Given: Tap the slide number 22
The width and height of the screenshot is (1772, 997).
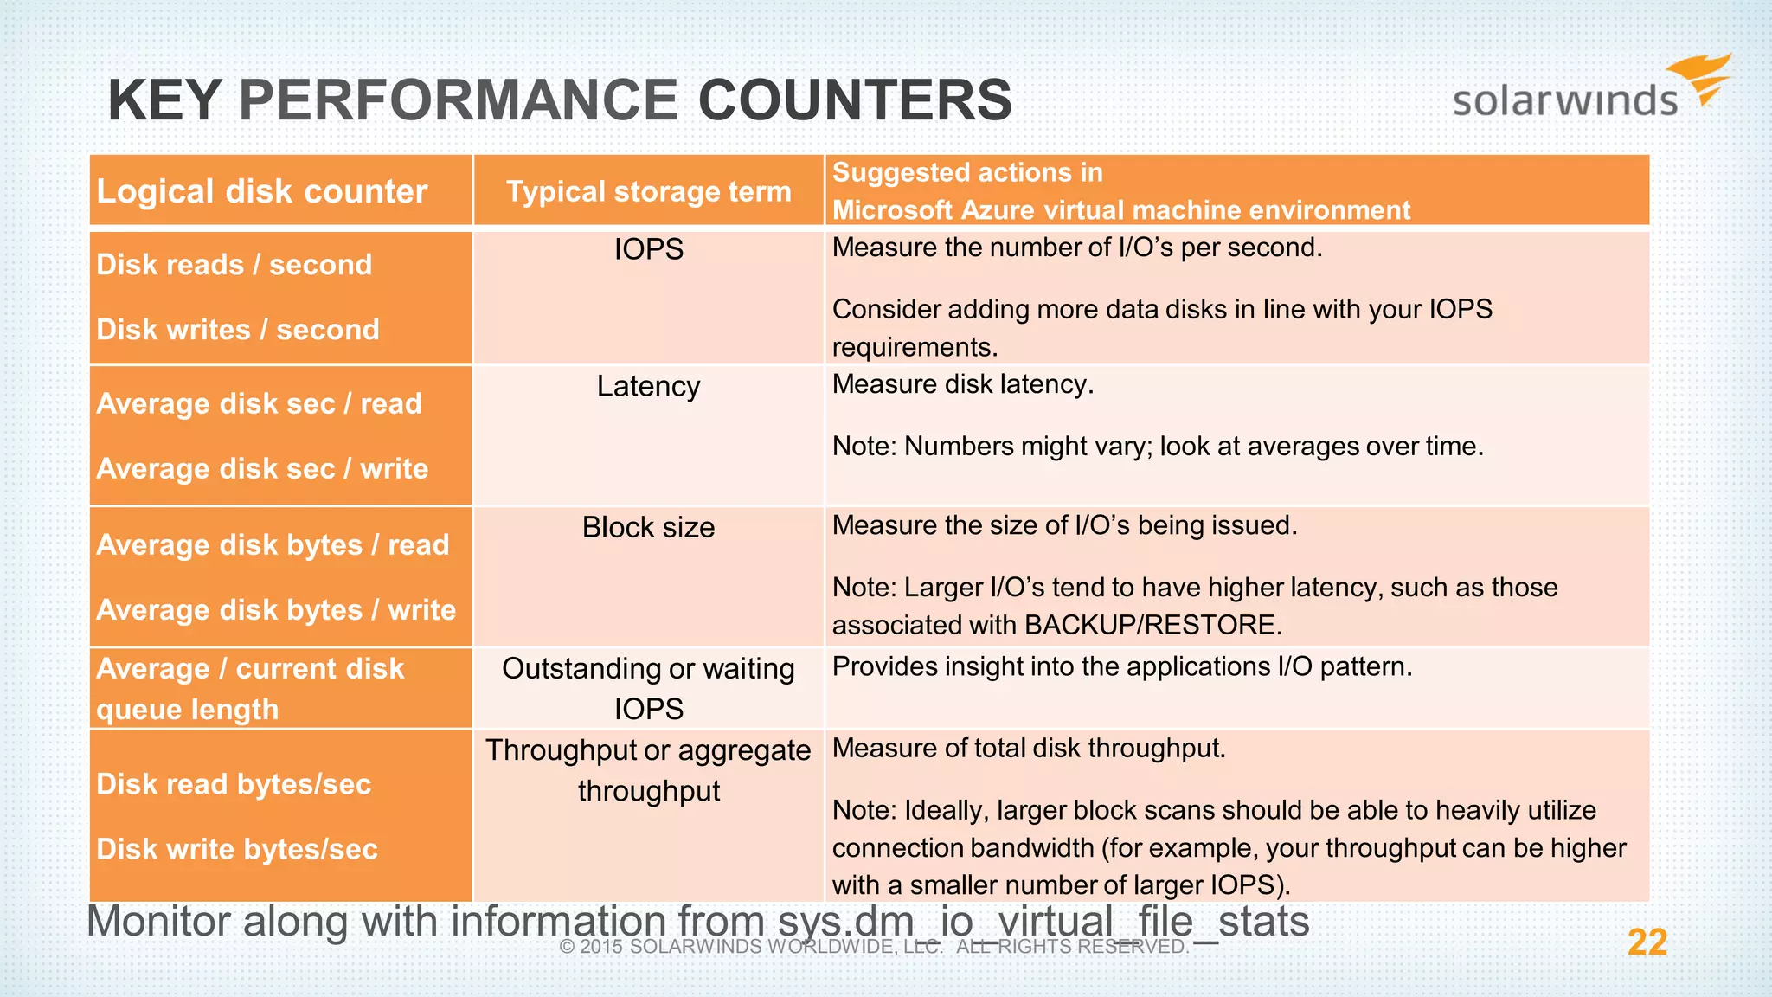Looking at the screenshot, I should (1647, 942).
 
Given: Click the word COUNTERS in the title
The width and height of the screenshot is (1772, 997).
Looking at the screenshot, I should (855, 100).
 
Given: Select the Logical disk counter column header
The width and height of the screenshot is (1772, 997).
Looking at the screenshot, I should (262, 191).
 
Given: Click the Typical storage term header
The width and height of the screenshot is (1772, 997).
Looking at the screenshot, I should (648, 191).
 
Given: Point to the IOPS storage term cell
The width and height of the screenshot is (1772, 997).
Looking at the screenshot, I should (648, 250).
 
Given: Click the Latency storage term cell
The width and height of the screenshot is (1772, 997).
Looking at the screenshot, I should (648, 386).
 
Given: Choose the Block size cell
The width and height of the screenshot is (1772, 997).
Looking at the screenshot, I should (648, 527).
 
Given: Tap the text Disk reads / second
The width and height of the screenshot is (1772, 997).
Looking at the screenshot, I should (234, 265).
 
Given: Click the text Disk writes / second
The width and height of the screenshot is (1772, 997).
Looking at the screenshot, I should (237, 330).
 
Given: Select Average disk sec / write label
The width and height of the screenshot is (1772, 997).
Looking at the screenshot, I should (262, 469).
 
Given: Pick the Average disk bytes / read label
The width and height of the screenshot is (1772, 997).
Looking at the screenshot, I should (273, 545).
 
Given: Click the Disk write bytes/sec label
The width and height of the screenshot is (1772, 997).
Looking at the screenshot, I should (236, 849).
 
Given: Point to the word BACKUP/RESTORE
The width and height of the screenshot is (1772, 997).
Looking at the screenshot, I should (1152, 625).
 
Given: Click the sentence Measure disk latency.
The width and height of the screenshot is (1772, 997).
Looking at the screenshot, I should (962, 384).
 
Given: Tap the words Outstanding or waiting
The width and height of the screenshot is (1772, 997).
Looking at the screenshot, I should (648, 669).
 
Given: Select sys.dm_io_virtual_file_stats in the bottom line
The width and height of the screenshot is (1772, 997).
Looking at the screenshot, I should (1043, 921).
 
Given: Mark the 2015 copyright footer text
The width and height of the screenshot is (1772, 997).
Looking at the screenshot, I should (874, 947).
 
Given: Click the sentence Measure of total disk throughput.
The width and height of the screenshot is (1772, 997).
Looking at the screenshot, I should (1028, 749).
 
